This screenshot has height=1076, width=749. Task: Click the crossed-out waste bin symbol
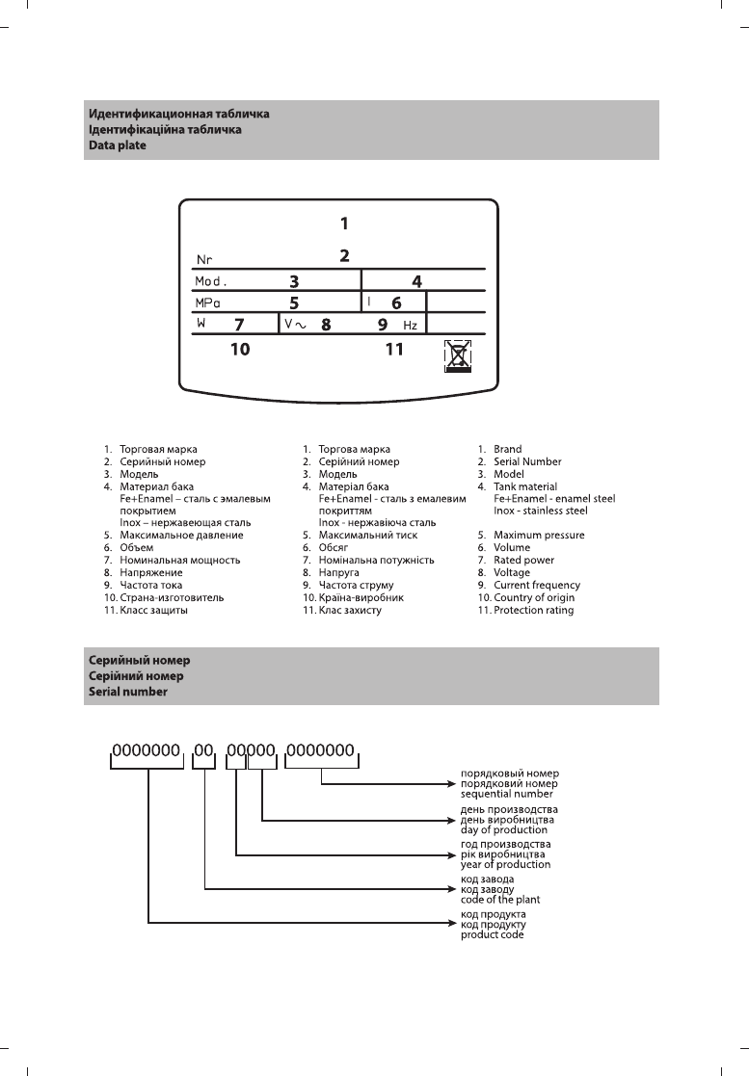click(459, 355)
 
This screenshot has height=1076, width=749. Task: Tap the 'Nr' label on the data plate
click(204, 259)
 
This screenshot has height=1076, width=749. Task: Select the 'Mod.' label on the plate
click(210, 282)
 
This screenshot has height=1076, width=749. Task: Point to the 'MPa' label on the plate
click(207, 302)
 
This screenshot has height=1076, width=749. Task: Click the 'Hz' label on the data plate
click(410, 326)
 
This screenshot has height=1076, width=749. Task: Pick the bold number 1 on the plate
click(344, 223)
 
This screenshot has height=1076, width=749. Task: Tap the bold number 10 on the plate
click(240, 350)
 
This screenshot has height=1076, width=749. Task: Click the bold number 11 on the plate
click(394, 350)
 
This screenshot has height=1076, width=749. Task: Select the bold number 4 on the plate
click(416, 282)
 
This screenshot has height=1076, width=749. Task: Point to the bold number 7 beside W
click(238, 325)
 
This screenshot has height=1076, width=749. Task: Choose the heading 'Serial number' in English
click(128, 692)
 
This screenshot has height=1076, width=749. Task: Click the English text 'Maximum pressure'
click(539, 535)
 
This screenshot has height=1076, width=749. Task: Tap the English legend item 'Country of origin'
click(533, 597)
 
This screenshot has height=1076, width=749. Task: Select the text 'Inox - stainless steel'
click(541, 511)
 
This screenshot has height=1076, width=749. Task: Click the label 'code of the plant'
click(500, 900)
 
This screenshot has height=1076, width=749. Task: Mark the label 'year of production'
click(505, 864)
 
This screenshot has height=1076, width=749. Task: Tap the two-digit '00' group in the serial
click(202, 748)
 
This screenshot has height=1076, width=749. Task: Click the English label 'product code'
click(493, 934)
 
